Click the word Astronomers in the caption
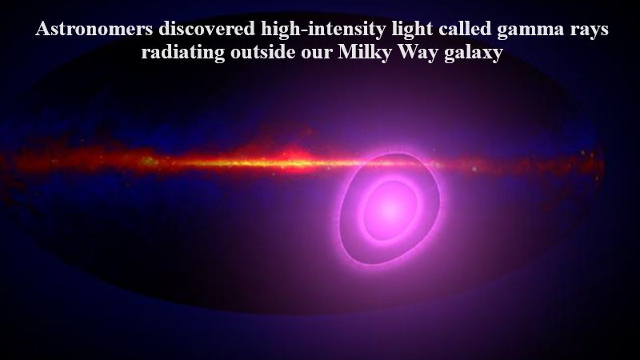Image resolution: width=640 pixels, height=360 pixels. [94, 29]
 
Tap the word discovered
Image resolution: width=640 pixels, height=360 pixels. [207, 29]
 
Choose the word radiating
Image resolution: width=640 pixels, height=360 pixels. [183, 53]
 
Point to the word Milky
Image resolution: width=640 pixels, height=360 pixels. [365, 53]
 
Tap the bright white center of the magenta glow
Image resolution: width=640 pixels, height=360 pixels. [390, 210]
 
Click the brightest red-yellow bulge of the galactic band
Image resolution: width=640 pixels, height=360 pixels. [293, 158]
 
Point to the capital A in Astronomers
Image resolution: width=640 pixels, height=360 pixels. [43, 29]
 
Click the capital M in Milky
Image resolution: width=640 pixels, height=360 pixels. [347, 52]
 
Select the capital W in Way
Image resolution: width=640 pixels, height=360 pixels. [406, 52]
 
